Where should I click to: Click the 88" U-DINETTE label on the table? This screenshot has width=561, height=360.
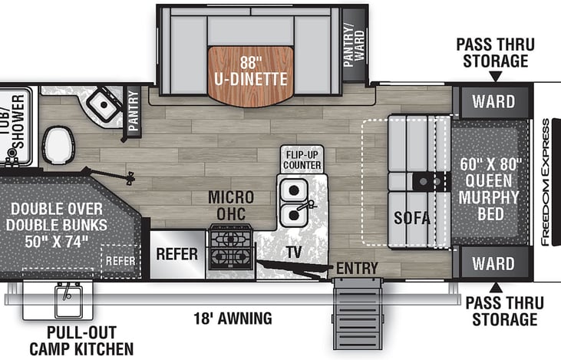(x=251, y=71)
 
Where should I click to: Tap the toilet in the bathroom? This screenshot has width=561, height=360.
(x=59, y=145)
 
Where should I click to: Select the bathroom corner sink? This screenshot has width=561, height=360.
(x=104, y=104)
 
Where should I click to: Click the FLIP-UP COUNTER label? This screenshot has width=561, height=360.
(x=302, y=160)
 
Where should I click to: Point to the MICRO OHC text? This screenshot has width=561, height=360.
(x=231, y=206)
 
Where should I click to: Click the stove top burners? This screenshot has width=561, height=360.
(x=231, y=247)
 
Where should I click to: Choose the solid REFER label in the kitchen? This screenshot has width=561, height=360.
(x=177, y=254)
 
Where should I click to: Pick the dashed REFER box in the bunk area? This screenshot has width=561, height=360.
(x=120, y=261)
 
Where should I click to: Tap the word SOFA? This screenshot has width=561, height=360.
(x=412, y=217)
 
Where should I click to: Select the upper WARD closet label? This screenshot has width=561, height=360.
(x=493, y=101)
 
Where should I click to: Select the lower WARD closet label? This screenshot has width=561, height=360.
(x=493, y=264)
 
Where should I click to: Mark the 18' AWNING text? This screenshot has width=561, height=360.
(x=233, y=318)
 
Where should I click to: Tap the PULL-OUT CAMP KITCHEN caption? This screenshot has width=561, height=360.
(x=81, y=340)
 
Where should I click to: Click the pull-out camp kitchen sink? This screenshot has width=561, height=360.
(x=68, y=299)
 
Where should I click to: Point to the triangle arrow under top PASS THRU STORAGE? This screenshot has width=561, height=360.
(x=496, y=77)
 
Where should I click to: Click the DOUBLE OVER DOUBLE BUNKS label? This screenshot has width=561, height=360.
(x=57, y=225)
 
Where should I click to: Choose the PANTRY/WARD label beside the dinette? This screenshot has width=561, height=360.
(x=354, y=45)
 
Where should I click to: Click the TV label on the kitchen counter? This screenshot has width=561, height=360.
(x=294, y=253)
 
